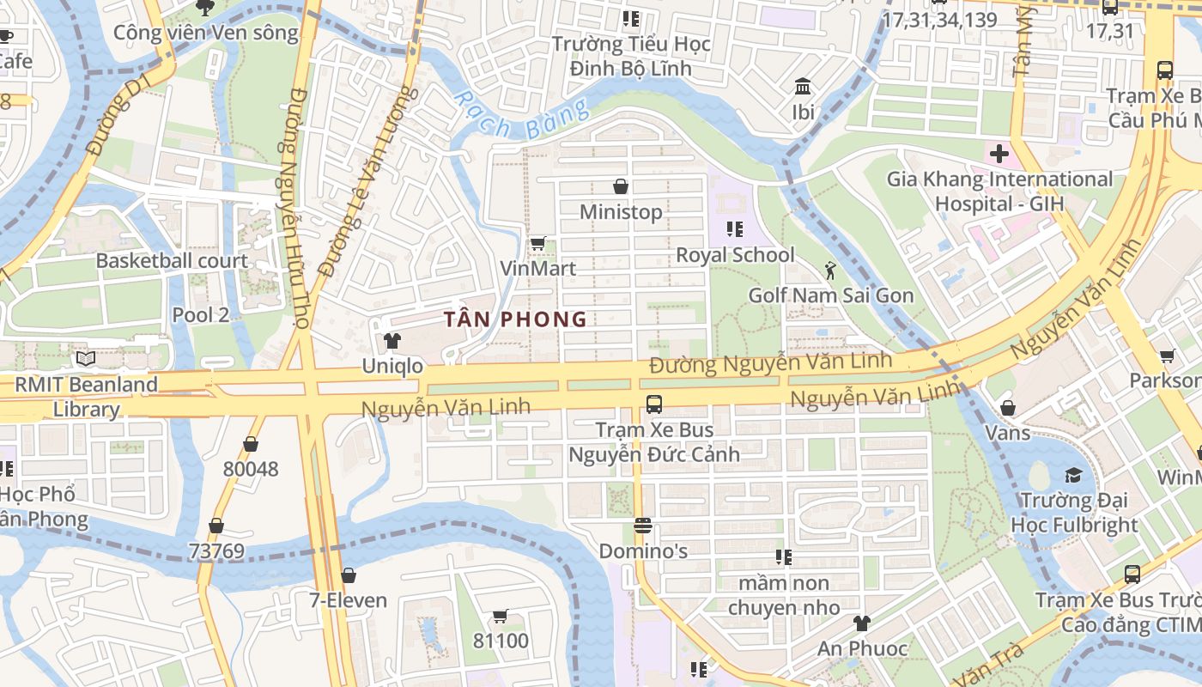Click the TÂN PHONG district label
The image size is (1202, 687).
click(x=515, y=319)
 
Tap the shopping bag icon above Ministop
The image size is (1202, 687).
click(x=621, y=186)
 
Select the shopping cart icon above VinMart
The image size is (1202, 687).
click(x=537, y=244)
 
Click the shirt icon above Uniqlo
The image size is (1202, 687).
click(x=392, y=341)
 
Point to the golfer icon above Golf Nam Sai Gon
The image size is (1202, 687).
click(x=829, y=271)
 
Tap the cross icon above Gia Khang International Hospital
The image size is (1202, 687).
click(x=999, y=155)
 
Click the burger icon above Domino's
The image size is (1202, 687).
click(x=643, y=526)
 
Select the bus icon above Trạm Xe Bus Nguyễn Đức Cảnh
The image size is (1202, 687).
click(x=654, y=404)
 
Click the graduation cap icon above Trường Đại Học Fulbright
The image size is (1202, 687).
click(x=1073, y=475)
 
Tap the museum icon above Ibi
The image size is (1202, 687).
click(x=804, y=87)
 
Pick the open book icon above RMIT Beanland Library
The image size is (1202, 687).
click(x=85, y=359)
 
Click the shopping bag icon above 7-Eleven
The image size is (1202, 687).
click(x=348, y=575)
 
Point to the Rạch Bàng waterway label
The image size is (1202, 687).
click(x=521, y=117)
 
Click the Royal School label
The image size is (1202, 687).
click(x=735, y=255)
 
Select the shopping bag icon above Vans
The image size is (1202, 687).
click(x=1007, y=407)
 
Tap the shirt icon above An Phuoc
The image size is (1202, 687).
click(x=861, y=623)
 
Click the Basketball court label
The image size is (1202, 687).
click(x=172, y=261)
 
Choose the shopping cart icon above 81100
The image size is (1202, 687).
click(x=501, y=616)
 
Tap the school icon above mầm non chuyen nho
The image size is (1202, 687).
click(x=783, y=557)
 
